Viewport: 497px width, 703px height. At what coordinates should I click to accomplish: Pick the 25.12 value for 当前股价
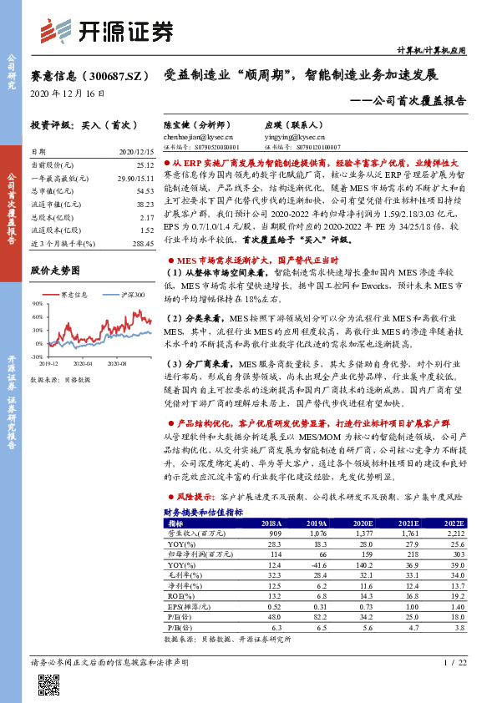coord(145,166)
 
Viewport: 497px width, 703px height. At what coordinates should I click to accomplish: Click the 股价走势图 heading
coord(54,271)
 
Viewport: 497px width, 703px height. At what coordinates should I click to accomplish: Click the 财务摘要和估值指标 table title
coord(203,511)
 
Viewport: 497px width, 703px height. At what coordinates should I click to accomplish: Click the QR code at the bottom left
coord(48,685)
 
